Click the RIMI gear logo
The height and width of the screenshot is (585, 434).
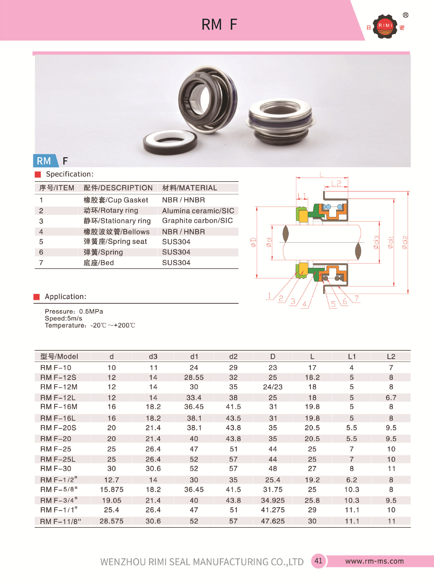pyautogui.click(x=385, y=27)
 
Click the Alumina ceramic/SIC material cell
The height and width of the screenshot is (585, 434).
pyautogui.click(x=198, y=211)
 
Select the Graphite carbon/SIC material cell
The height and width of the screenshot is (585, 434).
pyautogui.click(x=197, y=221)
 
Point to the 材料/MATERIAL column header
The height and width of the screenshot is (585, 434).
pyautogui.click(x=189, y=188)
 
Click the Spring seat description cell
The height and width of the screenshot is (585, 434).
pyautogui.click(x=115, y=242)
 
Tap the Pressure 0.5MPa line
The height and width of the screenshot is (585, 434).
pyautogui.click(x=74, y=311)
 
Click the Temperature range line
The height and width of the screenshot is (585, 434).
pyautogui.click(x=90, y=325)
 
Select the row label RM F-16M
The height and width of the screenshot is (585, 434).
pyautogui.click(x=59, y=407)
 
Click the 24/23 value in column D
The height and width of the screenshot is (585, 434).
pyautogui.click(x=273, y=387)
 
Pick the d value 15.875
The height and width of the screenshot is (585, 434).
pyautogui.click(x=111, y=490)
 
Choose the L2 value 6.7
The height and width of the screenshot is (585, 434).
pyautogui.click(x=391, y=398)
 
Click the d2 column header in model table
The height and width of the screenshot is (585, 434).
pyautogui.click(x=233, y=356)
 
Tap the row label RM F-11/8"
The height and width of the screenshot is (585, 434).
pyautogui.click(x=60, y=521)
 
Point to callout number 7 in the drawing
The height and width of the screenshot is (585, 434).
pyautogui.click(x=356, y=298)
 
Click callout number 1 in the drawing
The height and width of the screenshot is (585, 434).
pyautogui.click(x=269, y=295)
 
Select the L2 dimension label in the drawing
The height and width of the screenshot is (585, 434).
pyautogui.click(x=336, y=183)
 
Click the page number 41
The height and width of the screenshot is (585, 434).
pyautogui.click(x=318, y=561)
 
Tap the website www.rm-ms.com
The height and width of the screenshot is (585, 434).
pyautogui.click(x=374, y=561)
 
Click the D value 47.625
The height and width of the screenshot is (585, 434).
pyautogui.click(x=273, y=521)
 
